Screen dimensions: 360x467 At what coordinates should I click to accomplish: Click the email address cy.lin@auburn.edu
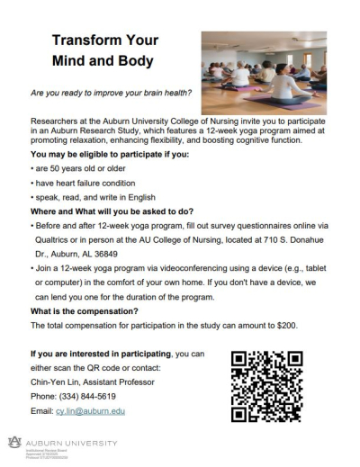pyautogui.click(x=90, y=410)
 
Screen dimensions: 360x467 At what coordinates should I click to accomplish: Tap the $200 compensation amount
pyautogui.click(x=284, y=324)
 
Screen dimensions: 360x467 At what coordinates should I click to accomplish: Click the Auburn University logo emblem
pyautogui.click(x=13, y=441)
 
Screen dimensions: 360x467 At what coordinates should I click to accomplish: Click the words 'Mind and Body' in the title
pyautogui.click(x=103, y=61)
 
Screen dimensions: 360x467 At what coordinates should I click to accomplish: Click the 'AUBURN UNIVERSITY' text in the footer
pyautogui.click(x=71, y=441)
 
